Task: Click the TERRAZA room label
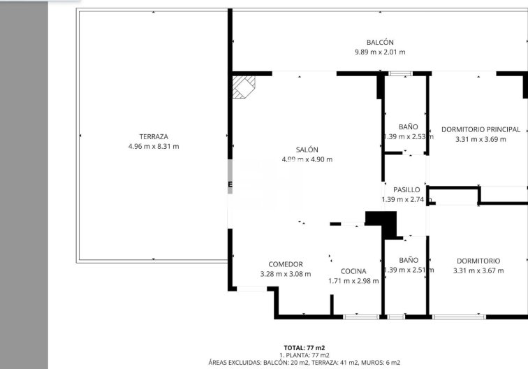click(x=154, y=136)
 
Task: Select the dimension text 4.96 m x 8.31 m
click(x=154, y=146)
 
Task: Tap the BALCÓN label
click(x=380, y=43)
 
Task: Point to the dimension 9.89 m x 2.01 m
click(x=380, y=52)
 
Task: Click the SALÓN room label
click(x=307, y=150)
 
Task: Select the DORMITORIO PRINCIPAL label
click(x=481, y=129)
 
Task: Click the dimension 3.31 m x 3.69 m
click(x=481, y=139)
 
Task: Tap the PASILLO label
click(x=406, y=189)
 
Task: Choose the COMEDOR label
click(x=286, y=264)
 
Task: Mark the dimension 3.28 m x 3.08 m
click(x=286, y=274)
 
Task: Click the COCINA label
click(x=353, y=271)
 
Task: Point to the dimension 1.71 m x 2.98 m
click(x=353, y=281)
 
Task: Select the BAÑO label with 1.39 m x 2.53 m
click(x=409, y=126)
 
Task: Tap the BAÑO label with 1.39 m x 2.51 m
click(x=409, y=259)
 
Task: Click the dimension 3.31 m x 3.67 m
click(x=478, y=270)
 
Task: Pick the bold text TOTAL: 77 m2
click(x=304, y=347)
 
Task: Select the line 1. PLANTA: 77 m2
click(x=304, y=355)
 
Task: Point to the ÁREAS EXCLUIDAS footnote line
click(x=304, y=363)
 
